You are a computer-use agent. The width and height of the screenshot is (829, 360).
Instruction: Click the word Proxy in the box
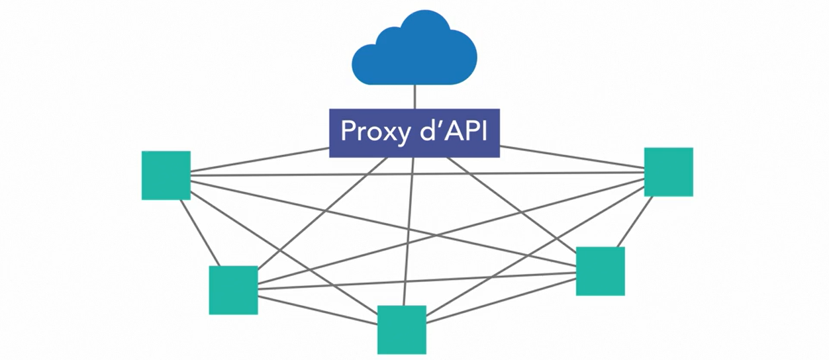(371, 132)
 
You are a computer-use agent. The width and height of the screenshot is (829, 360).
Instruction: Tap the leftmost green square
(166, 175)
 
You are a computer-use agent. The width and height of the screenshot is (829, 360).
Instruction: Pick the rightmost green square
(668, 172)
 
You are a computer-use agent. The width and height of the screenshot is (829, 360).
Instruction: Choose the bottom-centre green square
(401, 330)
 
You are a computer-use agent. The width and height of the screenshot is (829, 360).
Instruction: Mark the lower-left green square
(233, 290)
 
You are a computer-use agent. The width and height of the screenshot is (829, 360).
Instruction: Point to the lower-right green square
(600, 271)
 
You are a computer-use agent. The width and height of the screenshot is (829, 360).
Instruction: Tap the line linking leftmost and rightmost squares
(417, 173)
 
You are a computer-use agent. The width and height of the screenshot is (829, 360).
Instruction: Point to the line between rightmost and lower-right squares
(634, 222)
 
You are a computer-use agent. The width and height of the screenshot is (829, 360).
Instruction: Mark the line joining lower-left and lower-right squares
(417, 279)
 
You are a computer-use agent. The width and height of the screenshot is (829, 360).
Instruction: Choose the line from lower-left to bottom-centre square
(318, 310)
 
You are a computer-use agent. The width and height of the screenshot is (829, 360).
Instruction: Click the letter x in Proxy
(387, 133)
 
